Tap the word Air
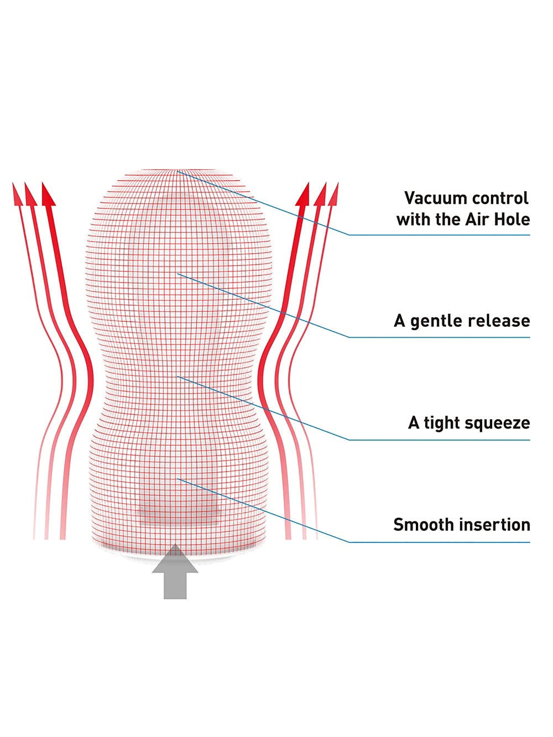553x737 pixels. (x=474, y=219)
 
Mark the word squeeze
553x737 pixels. (x=498, y=423)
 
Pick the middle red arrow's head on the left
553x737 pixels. (x=31, y=195)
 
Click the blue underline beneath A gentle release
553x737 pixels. (x=440, y=337)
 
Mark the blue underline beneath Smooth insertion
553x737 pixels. (x=440, y=542)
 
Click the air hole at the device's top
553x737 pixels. (x=176, y=171)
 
